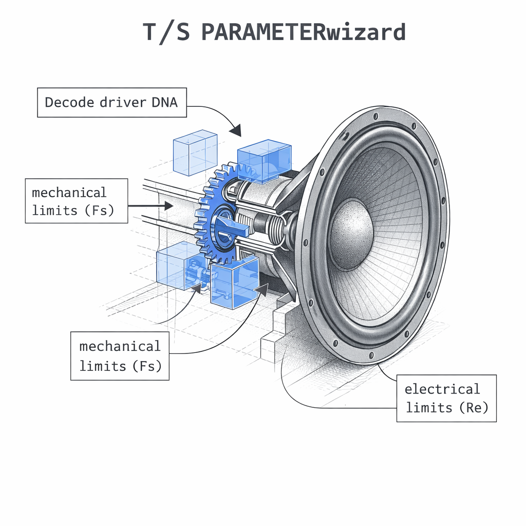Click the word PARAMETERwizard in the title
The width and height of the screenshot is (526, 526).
click(303, 32)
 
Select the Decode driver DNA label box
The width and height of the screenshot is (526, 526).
click(111, 102)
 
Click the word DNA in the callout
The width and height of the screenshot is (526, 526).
click(164, 102)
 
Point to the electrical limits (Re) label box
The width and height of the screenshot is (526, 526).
click(446, 398)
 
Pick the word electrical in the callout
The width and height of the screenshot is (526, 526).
click(442, 389)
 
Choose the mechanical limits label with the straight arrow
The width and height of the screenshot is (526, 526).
click(77, 201)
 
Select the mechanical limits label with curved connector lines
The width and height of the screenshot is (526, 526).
click(120, 356)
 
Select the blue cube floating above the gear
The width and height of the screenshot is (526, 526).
click(195, 153)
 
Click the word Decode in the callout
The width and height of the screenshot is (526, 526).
click(64, 102)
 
